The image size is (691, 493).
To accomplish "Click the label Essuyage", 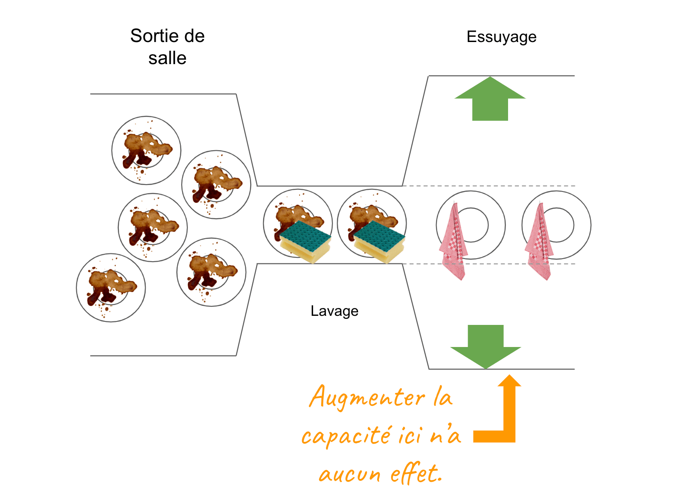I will pyautogui.click(x=501, y=37).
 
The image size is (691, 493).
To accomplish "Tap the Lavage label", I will pyautogui.click(x=334, y=311).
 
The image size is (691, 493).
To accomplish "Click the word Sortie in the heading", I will pyautogui.click(x=150, y=36).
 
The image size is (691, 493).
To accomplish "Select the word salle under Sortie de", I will pyautogui.click(x=167, y=58).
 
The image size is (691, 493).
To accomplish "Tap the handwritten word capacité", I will pyautogui.click(x=347, y=435).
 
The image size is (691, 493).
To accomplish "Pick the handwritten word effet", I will pyautogui.click(x=416, y=473).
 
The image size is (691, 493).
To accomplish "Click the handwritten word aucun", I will pyautogui.click(x=349, y=474).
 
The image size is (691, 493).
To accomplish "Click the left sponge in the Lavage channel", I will pyautogui.click(x=306, y=241).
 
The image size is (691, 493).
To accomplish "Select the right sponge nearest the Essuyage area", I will pyautogui.click(x=380, y=241).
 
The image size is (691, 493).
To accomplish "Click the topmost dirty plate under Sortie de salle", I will pyautogui.click(x=146, y=150).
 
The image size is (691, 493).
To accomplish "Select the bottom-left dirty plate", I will pyautogui.click(x=111, y=288).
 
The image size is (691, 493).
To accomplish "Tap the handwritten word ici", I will pyautogui.click(x=409, y=435).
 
